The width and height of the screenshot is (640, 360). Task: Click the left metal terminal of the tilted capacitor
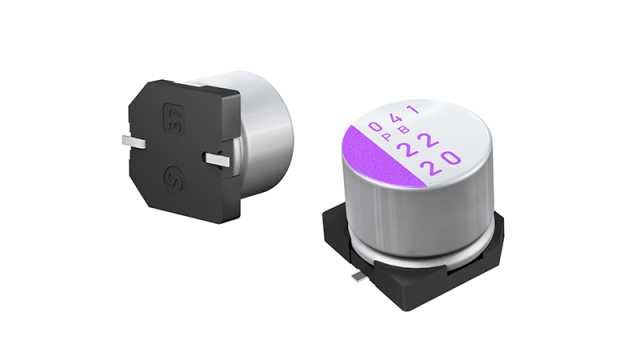click(x=129, y=137)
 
